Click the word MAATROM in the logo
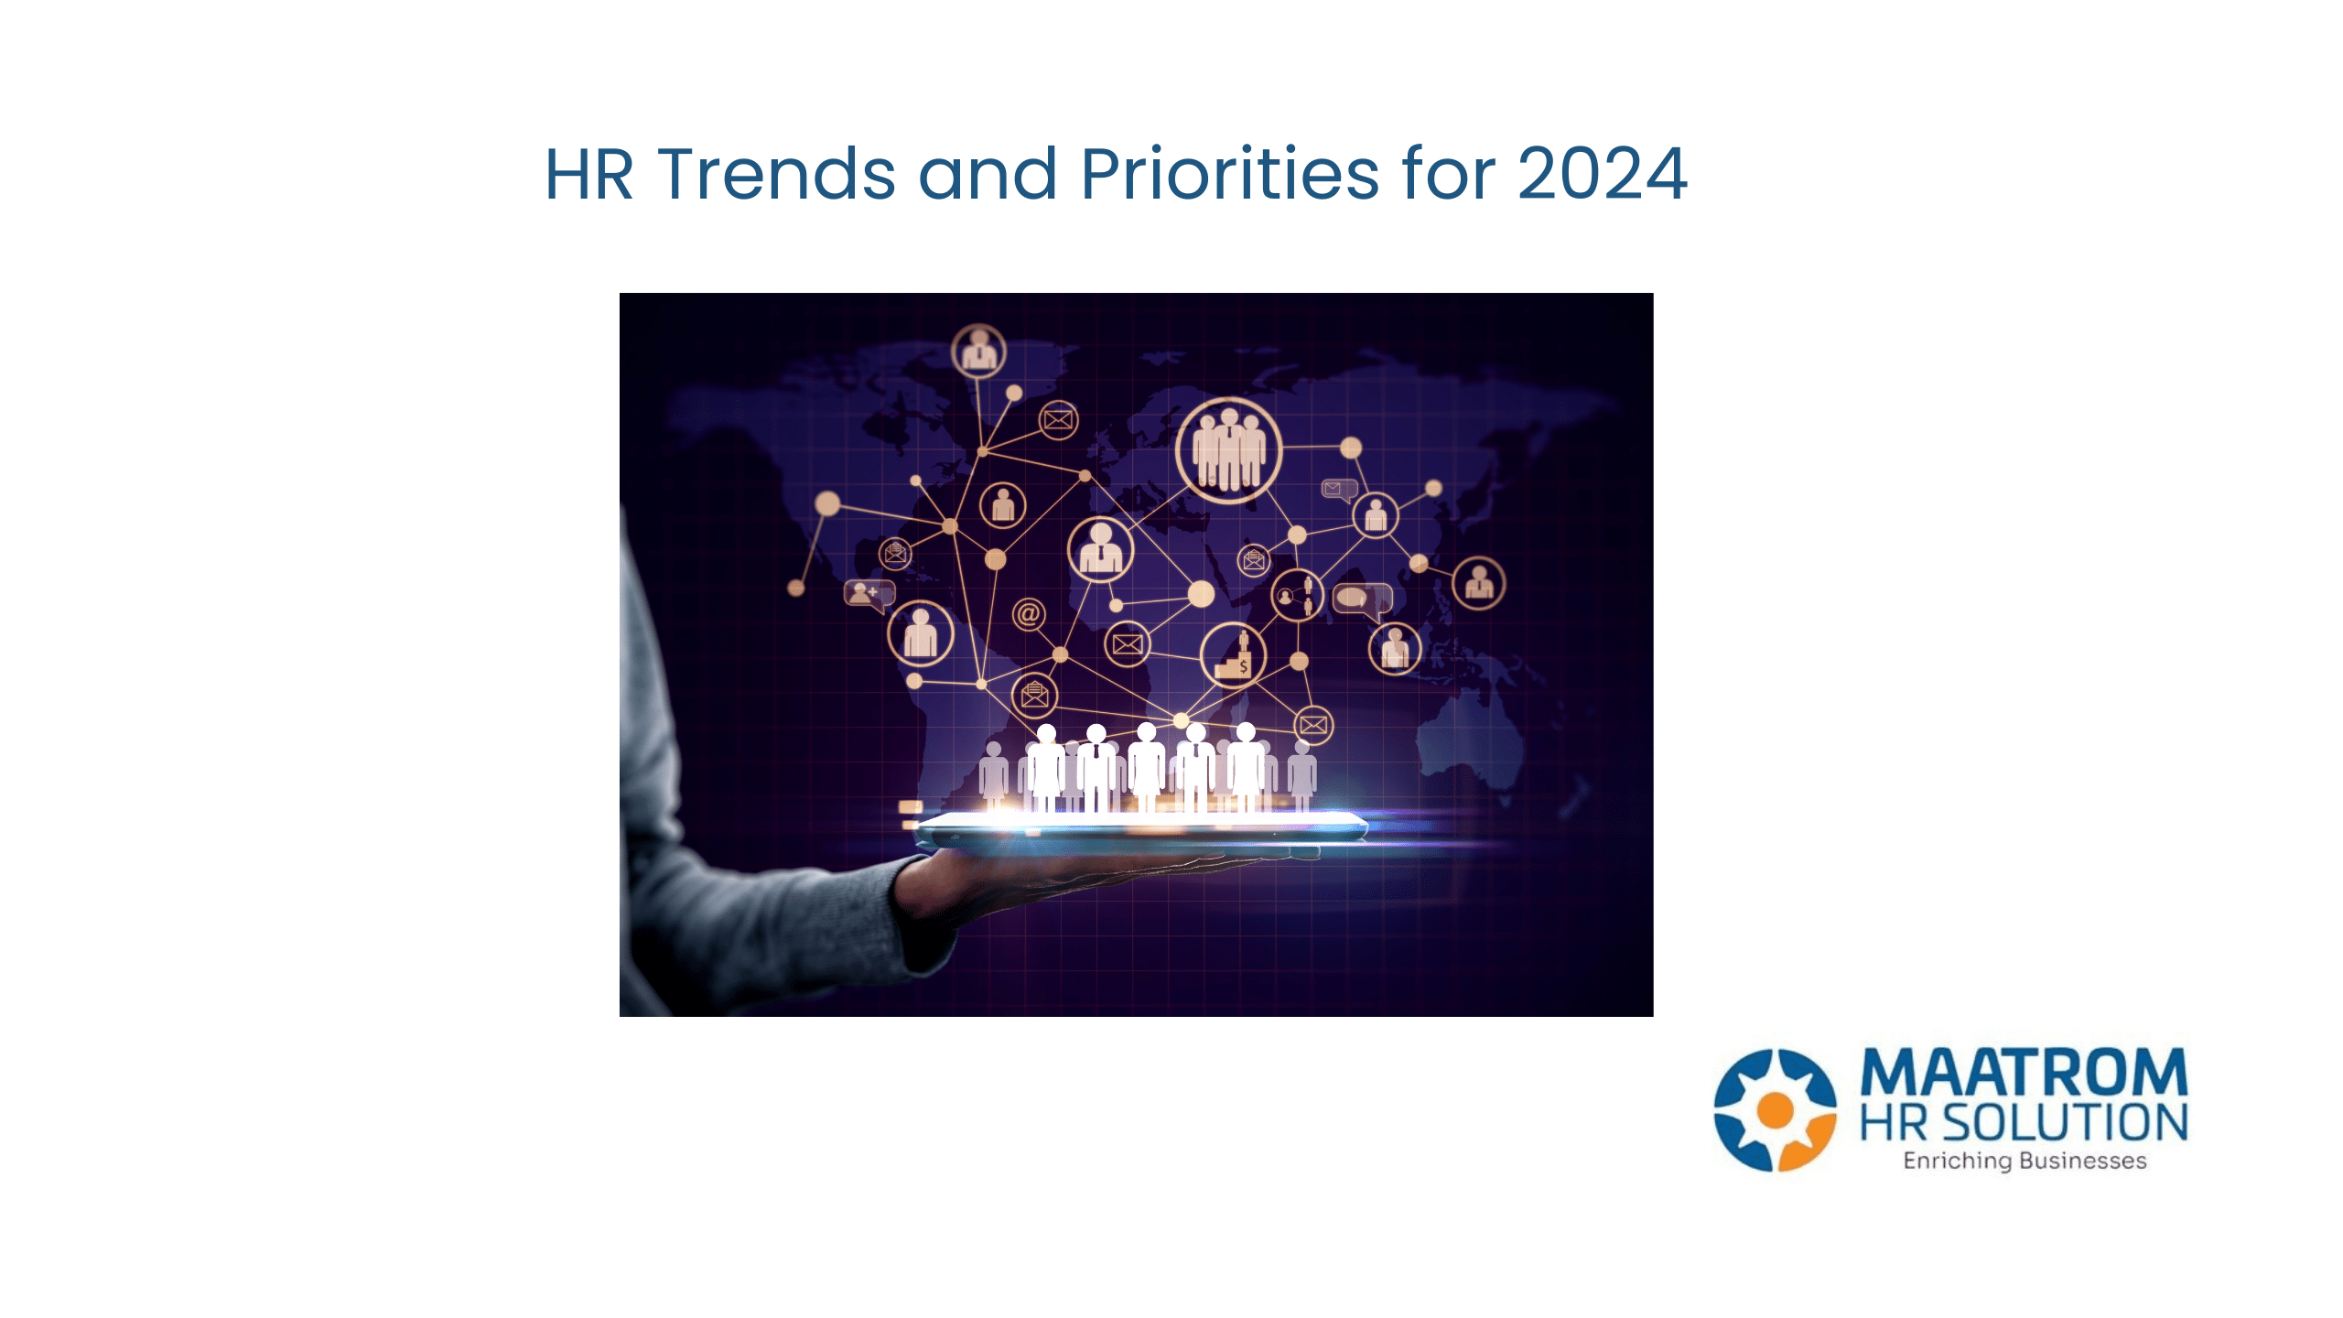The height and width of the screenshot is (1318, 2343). [2024, 1073]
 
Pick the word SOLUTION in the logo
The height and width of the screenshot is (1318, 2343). [2064, 1123]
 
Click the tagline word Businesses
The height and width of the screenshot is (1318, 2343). [2082, 1161]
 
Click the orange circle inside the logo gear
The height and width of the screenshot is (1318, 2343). [1775, 1109]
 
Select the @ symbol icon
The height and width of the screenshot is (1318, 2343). [1028, 613]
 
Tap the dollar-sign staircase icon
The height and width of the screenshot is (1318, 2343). [1233, 655]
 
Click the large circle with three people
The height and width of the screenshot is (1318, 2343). [1228, 450]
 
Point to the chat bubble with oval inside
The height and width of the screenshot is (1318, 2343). [1360, 599]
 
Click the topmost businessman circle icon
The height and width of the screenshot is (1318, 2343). [978, 351]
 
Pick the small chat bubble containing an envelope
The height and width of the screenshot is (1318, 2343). [1337, 490]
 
